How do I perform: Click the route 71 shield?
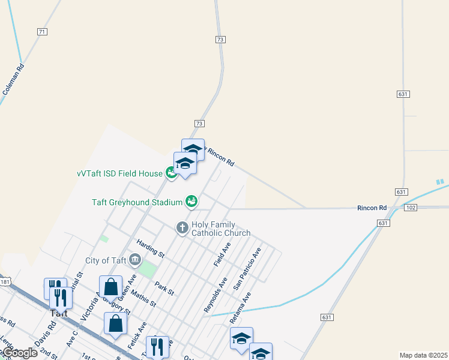click(41, 31)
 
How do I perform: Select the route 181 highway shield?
click(5, 281)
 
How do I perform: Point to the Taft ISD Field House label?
click(119, 173)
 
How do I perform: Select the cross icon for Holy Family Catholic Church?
click(182, 227)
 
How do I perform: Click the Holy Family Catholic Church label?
click(220, 228)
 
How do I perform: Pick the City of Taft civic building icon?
click(135, 260)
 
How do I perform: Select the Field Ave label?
click(222, 254)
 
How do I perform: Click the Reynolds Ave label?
click(215, 295)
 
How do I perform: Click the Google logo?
click(19, 353)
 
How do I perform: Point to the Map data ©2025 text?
click(423, 355)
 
